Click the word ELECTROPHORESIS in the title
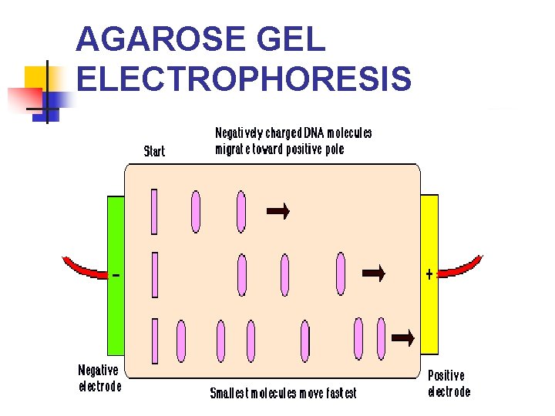point(244,79)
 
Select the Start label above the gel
point(154,151)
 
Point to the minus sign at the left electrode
point(116,274)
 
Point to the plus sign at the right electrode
point(429,273)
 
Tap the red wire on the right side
point(461,267)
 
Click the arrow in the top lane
point(277,210)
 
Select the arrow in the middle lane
point(373,273)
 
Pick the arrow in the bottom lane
point(402,337)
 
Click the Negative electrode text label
point(99,378)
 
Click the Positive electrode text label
point(449,383)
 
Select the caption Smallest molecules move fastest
point(283,394)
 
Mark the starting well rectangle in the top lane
point(154,211)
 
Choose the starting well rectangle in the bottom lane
point(154,340)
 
